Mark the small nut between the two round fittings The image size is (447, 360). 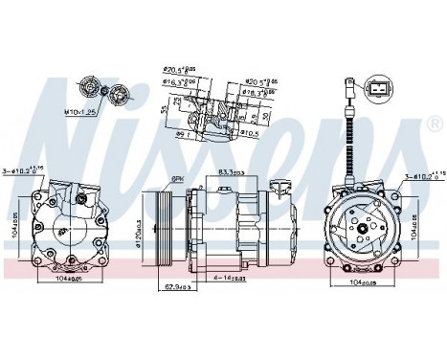(x=101, y=91)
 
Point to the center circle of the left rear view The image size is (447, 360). (x=64, y=227)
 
